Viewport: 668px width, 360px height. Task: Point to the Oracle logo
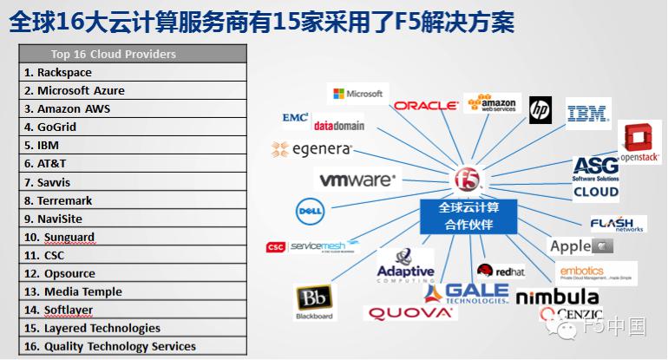tap(425, 106)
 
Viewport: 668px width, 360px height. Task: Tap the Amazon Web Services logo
tap(492, 105)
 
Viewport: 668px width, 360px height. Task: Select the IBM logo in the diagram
tap(588, 113)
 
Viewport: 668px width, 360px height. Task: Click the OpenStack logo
tap(641, 143)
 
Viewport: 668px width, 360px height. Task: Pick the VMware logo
tap(357, 180)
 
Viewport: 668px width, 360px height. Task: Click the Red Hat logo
tap(501, 272)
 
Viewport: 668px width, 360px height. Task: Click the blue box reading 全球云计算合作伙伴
tap(468, 217)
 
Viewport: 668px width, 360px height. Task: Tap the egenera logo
tap(311, 149)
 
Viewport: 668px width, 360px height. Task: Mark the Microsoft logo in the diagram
tap(357, 94)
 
